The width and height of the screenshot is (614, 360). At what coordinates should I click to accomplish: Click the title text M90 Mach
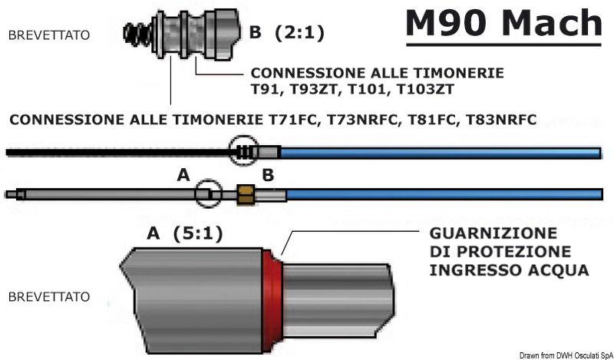[503, 24]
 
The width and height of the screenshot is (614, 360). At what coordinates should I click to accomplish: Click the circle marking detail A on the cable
[206, 194]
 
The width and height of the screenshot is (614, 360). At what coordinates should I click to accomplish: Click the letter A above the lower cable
[183, 176]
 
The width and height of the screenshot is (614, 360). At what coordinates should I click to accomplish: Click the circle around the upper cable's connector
[243, 150]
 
